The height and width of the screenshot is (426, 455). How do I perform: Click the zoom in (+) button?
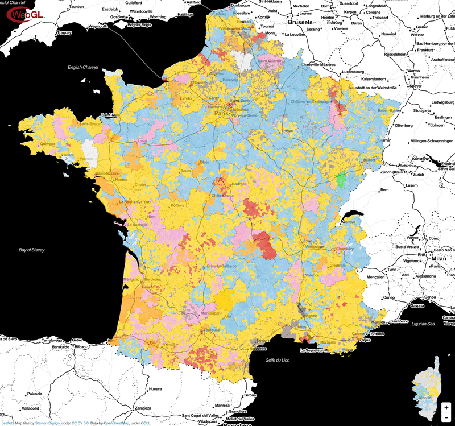446,408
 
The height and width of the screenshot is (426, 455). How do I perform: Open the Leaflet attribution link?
7,423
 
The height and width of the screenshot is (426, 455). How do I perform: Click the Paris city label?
220,114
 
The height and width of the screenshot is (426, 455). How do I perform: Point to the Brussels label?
300,22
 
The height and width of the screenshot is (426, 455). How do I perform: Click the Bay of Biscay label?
31,250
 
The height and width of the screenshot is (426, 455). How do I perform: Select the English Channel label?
83,68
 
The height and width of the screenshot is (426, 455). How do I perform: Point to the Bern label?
384,189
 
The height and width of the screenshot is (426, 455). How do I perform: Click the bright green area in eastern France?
341,181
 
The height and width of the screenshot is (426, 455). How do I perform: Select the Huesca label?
155,390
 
